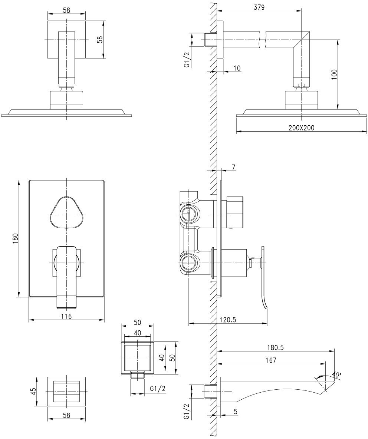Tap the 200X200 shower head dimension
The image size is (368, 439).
301,127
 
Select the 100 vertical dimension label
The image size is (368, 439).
334,74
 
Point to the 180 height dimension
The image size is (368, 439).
15,238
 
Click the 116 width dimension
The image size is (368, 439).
66,316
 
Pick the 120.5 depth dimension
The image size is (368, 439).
228,320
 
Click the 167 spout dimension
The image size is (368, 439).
271,360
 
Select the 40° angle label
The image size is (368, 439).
336,375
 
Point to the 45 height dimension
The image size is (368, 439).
33,391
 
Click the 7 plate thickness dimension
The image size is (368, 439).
234,168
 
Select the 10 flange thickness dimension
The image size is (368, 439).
237,68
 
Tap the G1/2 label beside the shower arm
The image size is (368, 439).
187,59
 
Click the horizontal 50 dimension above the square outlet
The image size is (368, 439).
137,322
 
